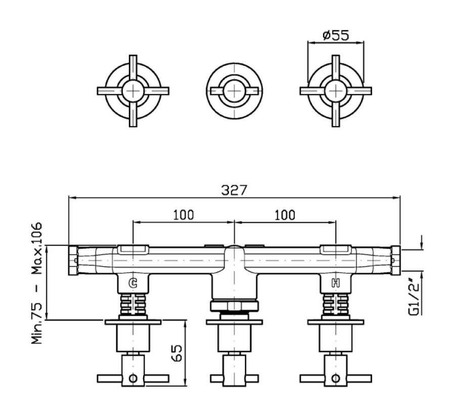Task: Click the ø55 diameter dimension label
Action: click(x=336, y=35)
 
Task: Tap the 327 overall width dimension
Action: click(x=234, y=190)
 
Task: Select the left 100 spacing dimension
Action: click(x=184, y=215)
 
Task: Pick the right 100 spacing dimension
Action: click(x=285, y=215)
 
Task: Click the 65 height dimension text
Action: click(x=177, y=353)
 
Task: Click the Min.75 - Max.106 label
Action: click(x=37, y=283)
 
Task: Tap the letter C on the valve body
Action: click(x=133, y=283)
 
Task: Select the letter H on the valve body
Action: click(x=336, y=283)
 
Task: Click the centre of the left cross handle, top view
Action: click(x=133, y=91)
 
